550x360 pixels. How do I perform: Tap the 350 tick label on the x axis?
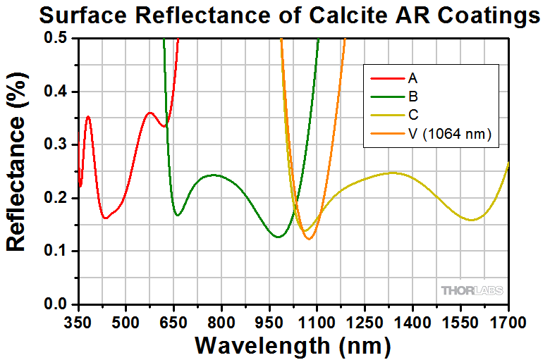coord(78,323)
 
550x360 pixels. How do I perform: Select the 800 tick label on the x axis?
coord(221,323)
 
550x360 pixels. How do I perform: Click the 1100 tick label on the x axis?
coord(317,323)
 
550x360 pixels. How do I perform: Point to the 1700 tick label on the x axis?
coord(508,323)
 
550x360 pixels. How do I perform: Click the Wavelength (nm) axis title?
coord(292,345)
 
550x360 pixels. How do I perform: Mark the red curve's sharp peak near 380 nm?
coord(88,117)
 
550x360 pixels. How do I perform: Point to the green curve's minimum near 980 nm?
coord(279,237)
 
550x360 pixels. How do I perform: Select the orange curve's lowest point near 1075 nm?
coord(309,239)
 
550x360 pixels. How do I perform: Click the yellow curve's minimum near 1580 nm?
coord(472,220)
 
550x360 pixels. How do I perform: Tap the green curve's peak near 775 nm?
coord(214,175)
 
